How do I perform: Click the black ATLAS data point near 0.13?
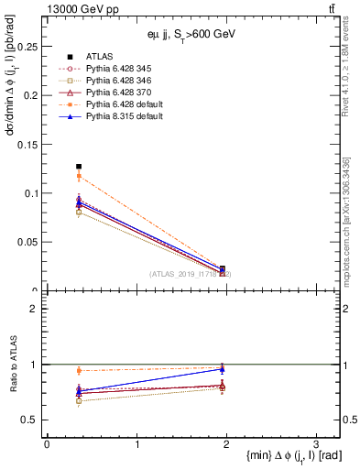coord(79,167)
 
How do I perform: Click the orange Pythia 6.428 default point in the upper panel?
coord(79,176)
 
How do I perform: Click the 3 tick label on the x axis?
coord(315,443)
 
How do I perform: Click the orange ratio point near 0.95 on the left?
coord(79,371)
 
